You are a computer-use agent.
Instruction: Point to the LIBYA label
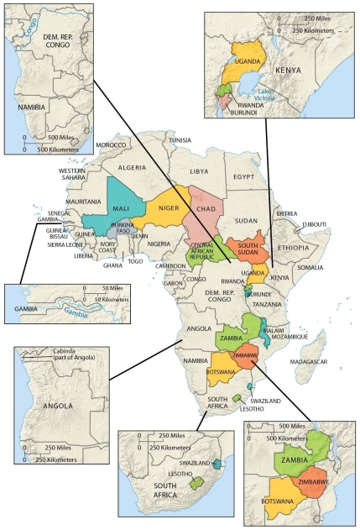coord(199,171)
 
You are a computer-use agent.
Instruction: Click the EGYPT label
coord(243,177)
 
